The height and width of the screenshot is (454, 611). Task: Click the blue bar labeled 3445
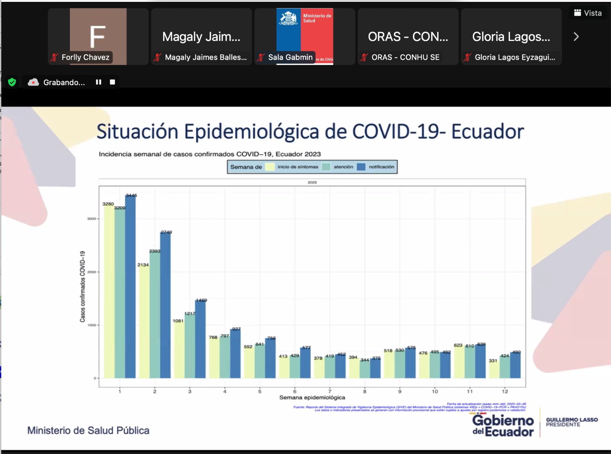pyautogui.click(x=130, y=287)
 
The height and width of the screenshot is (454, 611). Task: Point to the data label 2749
pyautogui.click(x=166, y=232)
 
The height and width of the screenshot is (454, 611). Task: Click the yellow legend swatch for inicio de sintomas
pyautogui.click(x=270, y=167)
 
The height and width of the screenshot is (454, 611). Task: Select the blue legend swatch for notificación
pyautogui.click(x=361, y=167)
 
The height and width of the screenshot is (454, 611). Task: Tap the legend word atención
pyautogui.click(x=343, y=167)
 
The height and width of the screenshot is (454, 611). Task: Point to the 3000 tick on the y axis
pyautogui.click(x=92, y=219)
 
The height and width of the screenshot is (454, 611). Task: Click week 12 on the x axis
pyautogui.click(x=505, y=391)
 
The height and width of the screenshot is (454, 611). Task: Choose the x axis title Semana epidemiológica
pyautogui.click(x=312, y=397)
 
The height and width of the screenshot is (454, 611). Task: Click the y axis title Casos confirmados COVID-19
pyautogui.click(x=82, y=286)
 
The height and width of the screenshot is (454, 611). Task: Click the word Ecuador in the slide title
pyautogui.click(x=487, y=132)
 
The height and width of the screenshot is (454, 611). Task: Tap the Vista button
pyautogui.click(x=588, y=13)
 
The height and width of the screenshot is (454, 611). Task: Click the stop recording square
pyautogui.click(x=112, y=82)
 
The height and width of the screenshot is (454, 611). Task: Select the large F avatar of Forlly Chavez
pyautogui.click(x=98, y=36)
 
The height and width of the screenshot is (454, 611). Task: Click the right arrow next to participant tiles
pyautogui.click(x=576, y=37)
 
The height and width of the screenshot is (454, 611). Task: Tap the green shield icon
pyautogui.click(x=12, y=82)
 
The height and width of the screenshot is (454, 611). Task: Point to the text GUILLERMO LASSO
pyautogui.click(x=572, y=420)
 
